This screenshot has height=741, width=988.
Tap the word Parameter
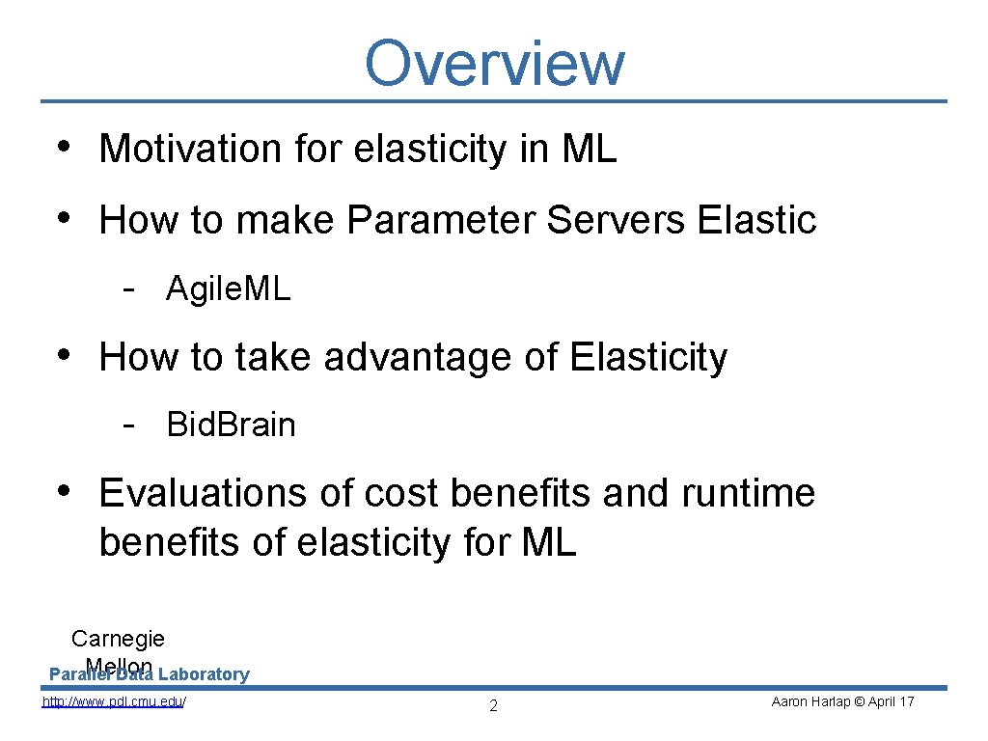[441, 220]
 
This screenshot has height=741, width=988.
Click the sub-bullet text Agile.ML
[228, 288]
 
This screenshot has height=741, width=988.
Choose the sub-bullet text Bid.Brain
[231, 425]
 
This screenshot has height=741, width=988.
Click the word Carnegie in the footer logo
[118, 639]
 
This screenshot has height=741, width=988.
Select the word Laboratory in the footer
[204, 674]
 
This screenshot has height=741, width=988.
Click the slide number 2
[493, 706]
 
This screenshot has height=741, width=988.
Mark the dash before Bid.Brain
[127, 424]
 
